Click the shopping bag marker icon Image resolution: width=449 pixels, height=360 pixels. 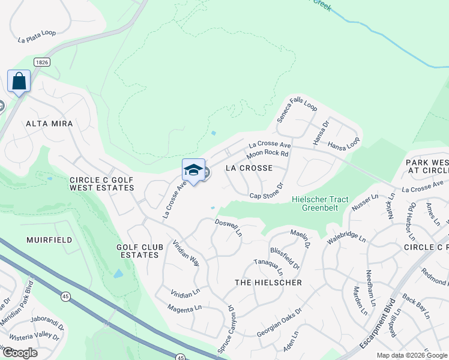[x=19, y=81]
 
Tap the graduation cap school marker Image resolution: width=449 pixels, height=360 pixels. [x=193, y=170]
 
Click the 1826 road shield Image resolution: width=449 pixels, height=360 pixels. [x=41, y=62]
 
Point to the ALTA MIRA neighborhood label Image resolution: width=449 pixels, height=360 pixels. [x=49, y=124]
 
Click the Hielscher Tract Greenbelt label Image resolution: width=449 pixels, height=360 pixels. [x=315, y=203]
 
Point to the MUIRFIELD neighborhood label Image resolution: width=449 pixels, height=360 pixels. [x=49, y=240]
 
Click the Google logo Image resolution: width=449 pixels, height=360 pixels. [x=19, y=353]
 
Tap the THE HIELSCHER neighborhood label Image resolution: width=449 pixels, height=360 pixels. [x=268, y=283]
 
